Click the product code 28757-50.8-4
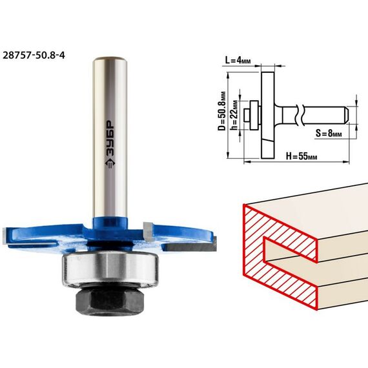(x=34, y=56)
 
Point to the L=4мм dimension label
(x=238, y=60)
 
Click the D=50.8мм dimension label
(x=222, y=111)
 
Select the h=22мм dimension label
(x=234, y=115)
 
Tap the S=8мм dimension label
(x=329, y=133)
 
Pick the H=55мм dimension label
(x=302, y=156)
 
